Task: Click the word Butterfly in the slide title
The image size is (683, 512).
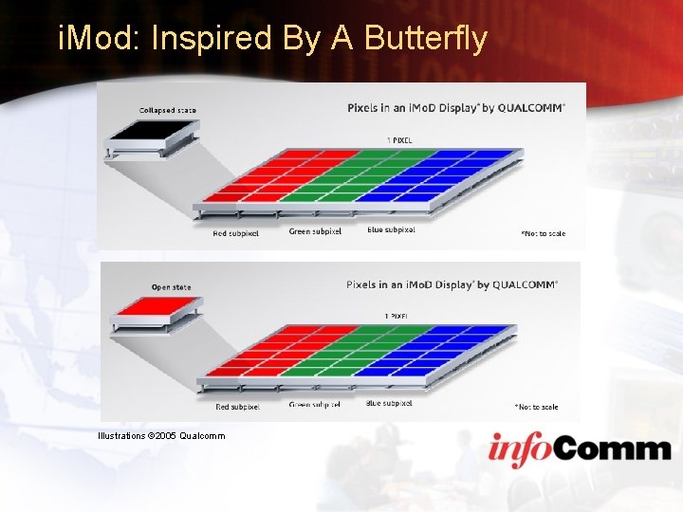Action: (x=426, y=39)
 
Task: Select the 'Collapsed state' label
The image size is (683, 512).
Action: (x=168, y=111)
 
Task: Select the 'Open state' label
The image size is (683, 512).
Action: (x=171, y=287)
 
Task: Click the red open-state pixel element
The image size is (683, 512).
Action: (x=157, y=309)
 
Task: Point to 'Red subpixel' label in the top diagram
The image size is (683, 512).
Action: (x=235, y=233)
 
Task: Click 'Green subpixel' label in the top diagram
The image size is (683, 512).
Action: (x=315, y=232)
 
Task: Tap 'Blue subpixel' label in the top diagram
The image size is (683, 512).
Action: (x=391, y=229)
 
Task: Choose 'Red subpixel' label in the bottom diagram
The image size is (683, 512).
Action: (x=236, y=407)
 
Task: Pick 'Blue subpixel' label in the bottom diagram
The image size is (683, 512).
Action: (x=389, y=403)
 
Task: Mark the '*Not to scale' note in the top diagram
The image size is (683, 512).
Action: (x=543, y=232)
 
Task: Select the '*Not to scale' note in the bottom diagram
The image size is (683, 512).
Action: (x=536, y=407)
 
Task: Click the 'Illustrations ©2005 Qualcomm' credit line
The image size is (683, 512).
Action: (x=161, y=436)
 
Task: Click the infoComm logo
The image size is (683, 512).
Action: (x=580, y=448)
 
